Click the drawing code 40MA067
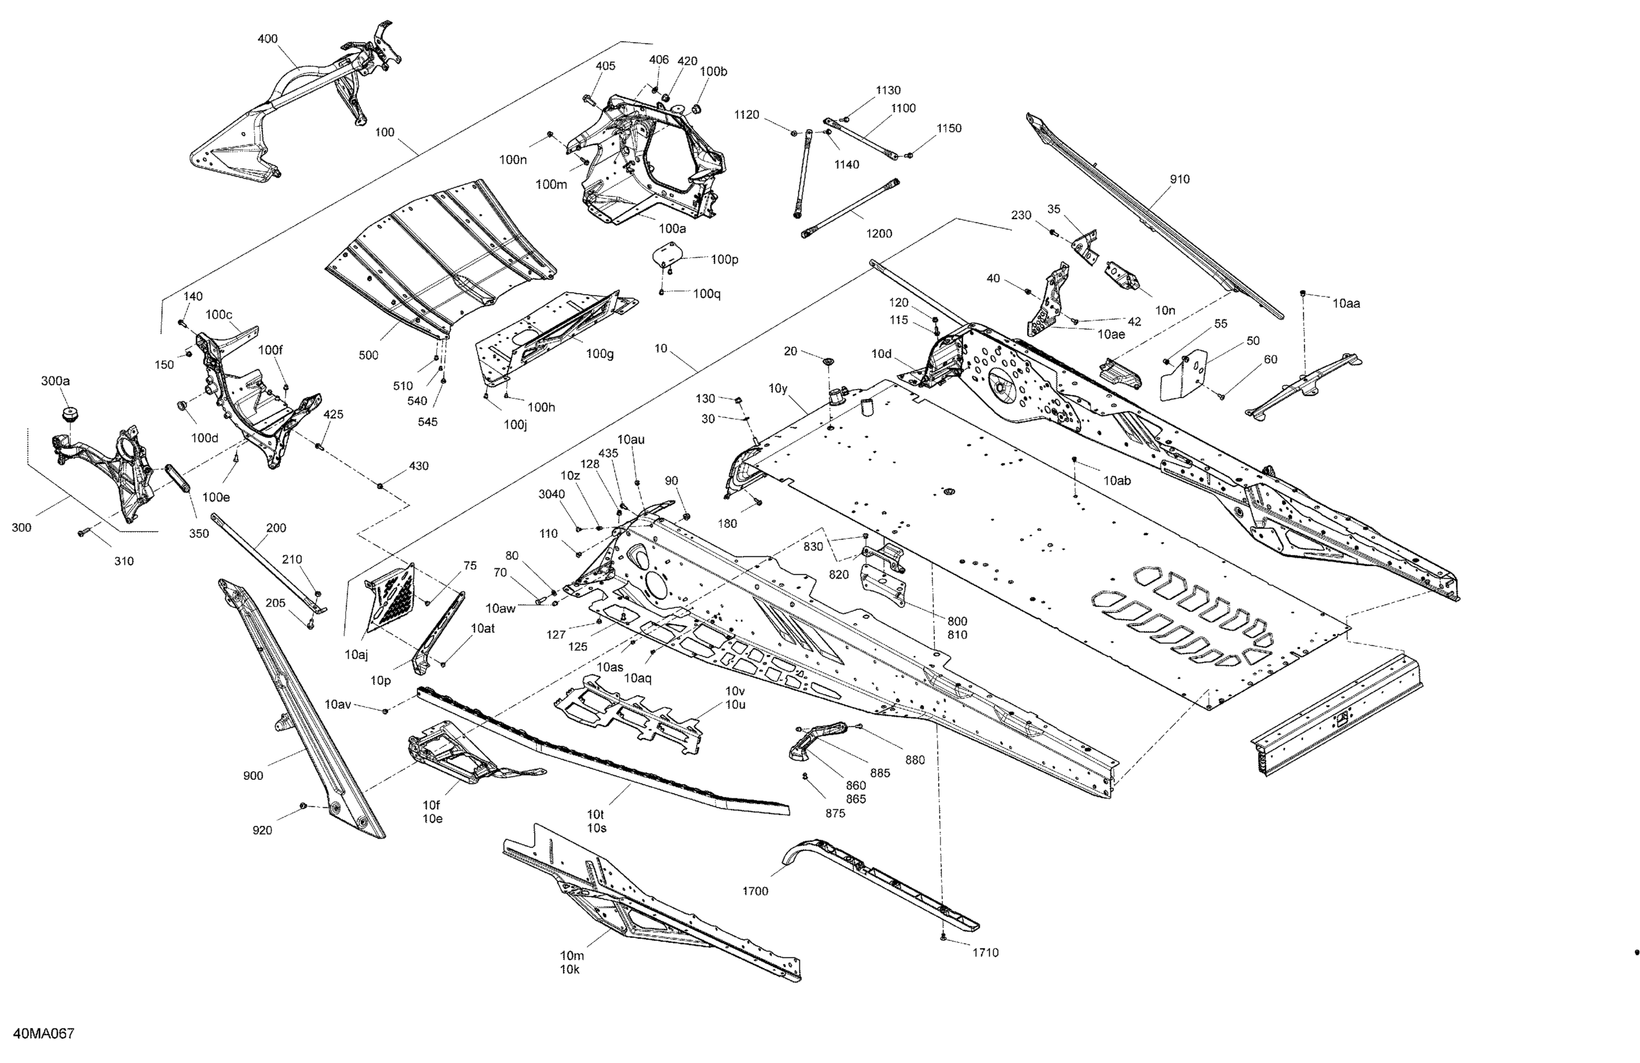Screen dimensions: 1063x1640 [x=43, y=1033]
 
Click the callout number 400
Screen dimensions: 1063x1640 [x=267, y=39]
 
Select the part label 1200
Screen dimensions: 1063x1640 [x=878, y=233]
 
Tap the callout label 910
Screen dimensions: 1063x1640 [x=1179, y=179]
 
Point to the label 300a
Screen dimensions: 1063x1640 [x=55, y=381]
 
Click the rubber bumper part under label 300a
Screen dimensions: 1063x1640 [x=69, y=414]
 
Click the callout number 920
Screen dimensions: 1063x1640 [x=262, y=830]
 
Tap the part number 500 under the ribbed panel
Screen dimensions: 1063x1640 [x=368, y=355]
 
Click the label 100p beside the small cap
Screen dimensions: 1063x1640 [x=724, y=260]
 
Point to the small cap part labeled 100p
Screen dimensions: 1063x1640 [x=666, y=253]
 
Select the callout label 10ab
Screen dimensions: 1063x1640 [x=1117, y=481]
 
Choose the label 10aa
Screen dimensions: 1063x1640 [x=1346, y=303]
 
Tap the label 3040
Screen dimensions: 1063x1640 [x=551, y=494]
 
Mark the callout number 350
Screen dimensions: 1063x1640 [x=198, y=533]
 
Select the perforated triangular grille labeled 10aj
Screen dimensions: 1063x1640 [x=391, y=596]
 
